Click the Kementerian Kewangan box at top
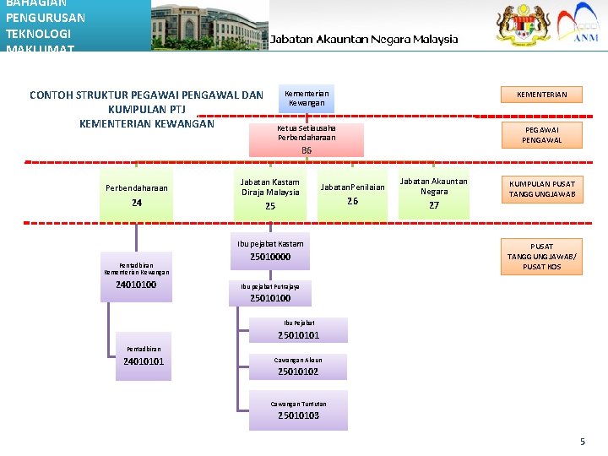(x=307, y=98)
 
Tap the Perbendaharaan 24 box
(x=137, y=195)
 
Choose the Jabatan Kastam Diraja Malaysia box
(x=270, y=193)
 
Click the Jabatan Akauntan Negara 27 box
(x=434, y=193)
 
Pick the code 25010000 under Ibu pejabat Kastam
(x=270, y=257)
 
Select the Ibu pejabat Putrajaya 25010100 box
(x=270, y=292)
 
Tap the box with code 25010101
(x=299, y=329)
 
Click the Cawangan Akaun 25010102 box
(x=298, y=366)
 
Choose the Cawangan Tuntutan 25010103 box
(x=298, y=410)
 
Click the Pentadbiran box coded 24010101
(x=144, y=356)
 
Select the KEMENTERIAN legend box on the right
(x=541, y=95)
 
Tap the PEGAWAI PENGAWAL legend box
(x=541, y=134)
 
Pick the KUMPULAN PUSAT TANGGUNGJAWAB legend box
(x=541, y=189)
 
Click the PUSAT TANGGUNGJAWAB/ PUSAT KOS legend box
(x=541, y=257)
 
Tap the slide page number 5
(x=582, y=442)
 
